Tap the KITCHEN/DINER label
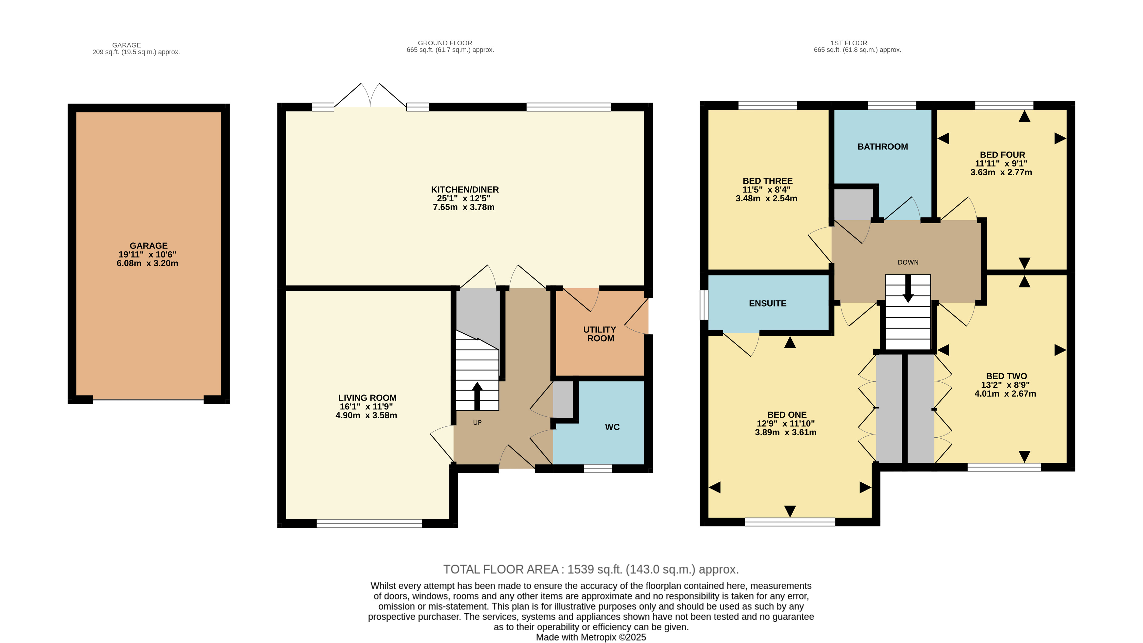click(464, 189)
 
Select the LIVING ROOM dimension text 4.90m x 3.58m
click(366, 416)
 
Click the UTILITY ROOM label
click(599, 334)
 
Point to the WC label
click(612, 427)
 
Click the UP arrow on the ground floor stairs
click(477, 395)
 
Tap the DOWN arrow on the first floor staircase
click(908, 288)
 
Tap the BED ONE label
click(787, 415)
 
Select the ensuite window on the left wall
click(704, 305)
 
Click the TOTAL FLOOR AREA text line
click(591, 569)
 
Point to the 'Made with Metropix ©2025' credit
click(591, 637)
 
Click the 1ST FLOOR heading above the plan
click(848, 43)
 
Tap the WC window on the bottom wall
click(597, 469)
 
